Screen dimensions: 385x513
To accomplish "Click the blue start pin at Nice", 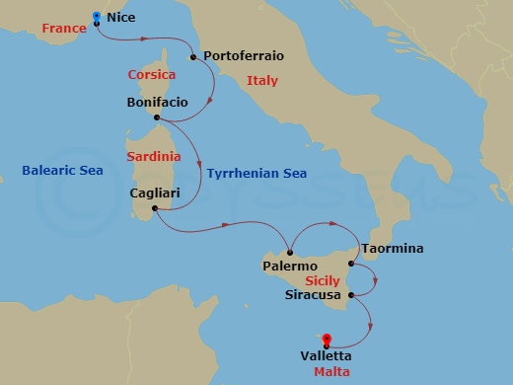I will point(96,17).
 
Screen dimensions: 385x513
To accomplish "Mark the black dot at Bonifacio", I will point(158,117).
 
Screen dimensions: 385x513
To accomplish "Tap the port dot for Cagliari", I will point(154,208).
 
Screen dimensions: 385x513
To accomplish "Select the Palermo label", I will point(290,267).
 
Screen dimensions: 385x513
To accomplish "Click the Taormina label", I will point(393,249).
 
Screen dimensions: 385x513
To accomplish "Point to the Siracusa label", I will point(313,294).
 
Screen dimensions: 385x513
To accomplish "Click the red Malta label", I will point(331,372).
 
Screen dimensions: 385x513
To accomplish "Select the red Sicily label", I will point(323,281).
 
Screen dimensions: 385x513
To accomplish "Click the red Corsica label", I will point(152,75).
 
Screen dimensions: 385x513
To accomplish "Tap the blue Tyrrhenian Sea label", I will point(256,174).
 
